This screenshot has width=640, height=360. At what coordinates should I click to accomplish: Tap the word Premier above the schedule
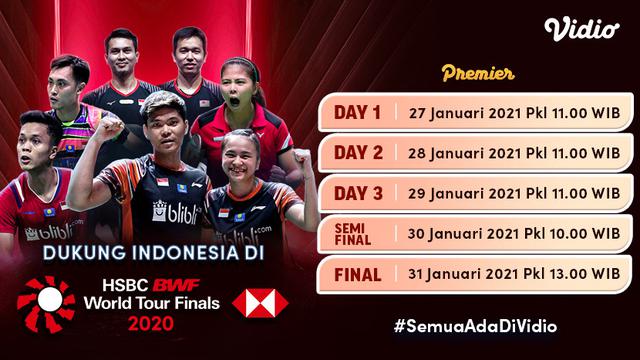(477, 72)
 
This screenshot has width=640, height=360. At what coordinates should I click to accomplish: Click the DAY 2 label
(355, 152)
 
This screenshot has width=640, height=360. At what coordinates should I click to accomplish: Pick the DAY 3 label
(355, 192)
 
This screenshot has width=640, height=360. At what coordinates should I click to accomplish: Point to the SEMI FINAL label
(355, 232)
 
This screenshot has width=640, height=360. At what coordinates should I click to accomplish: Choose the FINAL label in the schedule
(355, 273)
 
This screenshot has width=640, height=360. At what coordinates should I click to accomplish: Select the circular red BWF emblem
(47, 304)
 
